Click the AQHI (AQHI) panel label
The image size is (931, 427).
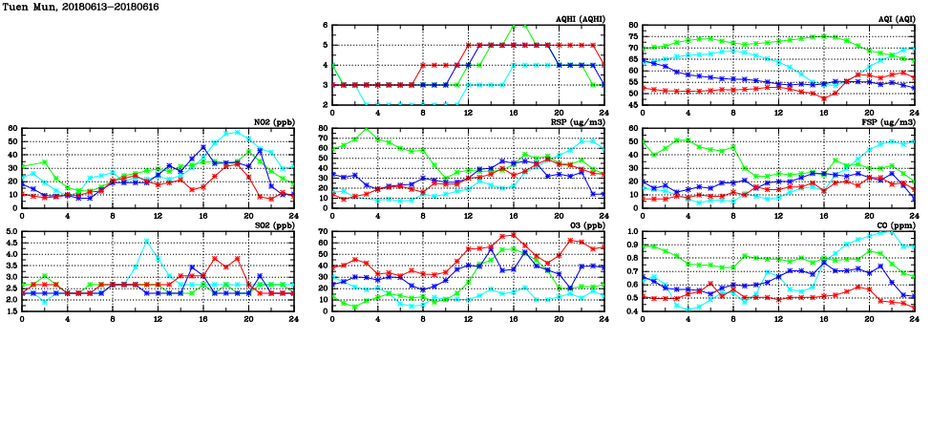coord(580,20)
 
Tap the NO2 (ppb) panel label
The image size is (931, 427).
coord(273,123)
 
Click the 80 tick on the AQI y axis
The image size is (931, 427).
coord(634,26)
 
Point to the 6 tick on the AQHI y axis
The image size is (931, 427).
coord(327,26)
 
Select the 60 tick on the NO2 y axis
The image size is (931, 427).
coord(12,129)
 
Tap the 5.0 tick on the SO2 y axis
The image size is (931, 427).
coord(11,232)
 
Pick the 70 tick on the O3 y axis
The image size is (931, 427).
coord(323,232)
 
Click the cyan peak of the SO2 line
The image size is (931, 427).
coord(146,241)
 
